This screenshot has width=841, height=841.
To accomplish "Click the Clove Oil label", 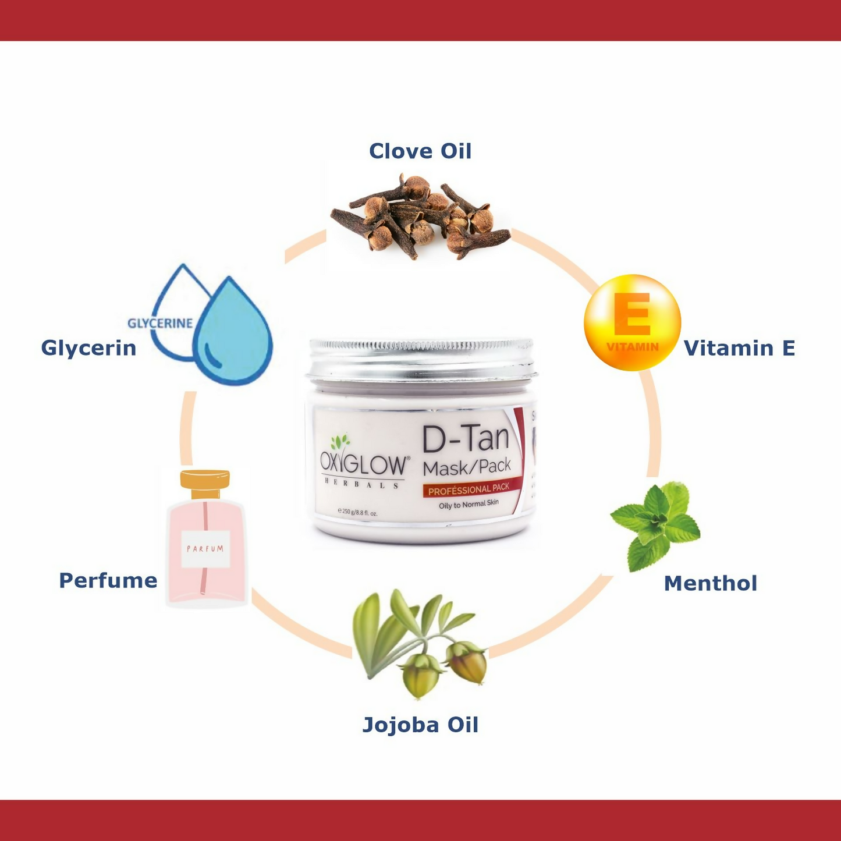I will tap(420, 151).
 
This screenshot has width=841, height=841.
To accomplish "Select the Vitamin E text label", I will tap(739, 348).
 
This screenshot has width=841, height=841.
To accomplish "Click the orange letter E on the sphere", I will tap(632, 314).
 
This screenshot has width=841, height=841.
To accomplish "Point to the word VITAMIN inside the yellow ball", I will tap(633, 347).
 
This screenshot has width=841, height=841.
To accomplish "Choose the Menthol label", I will tap(711, 583).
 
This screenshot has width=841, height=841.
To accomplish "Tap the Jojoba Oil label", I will tap(420, 725).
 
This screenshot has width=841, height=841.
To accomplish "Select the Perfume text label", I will tap(108, 580).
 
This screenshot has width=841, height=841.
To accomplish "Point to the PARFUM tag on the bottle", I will tap(205, 548).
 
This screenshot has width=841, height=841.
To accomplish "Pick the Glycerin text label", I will tap(88, 348).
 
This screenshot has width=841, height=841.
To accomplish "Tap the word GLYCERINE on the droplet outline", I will tap(160, 323).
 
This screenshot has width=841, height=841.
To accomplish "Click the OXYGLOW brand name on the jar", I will tap(364, 464).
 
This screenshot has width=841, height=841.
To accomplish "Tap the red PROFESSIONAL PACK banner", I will tap(469, 489).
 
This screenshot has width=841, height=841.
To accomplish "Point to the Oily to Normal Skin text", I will tap(469, 504).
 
